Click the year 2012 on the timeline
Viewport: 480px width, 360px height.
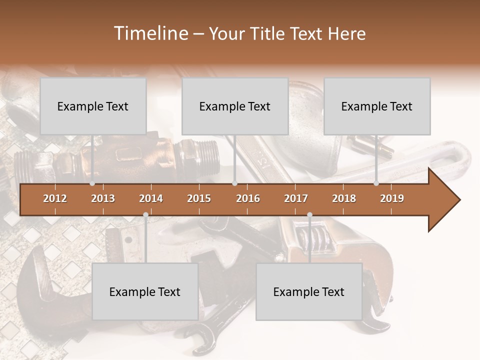(55, 198)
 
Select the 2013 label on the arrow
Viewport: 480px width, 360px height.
(103, 198)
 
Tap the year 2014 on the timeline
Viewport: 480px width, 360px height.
(151, 198)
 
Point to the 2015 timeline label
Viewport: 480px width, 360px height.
(199, 198)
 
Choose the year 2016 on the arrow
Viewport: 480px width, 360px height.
(248, 198)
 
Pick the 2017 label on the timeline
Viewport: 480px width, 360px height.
(296, 198)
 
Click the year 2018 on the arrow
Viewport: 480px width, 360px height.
(344, 198)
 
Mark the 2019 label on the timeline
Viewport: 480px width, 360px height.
(392, 198)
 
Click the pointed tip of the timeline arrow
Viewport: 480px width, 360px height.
(458, 200)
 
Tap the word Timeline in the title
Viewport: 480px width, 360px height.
(149, 33)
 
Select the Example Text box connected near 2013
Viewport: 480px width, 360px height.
(93, 106)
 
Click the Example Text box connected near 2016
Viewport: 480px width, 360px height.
(235, 106)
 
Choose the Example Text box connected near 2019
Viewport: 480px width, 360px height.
(377, 106)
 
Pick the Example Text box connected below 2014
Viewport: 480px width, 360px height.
(145, 291)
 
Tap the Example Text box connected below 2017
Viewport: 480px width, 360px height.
(309, 291)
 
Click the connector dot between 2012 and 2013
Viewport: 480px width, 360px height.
(92, 183)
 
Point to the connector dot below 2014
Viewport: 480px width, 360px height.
(145, 215)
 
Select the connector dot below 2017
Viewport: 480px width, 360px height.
(309, 215)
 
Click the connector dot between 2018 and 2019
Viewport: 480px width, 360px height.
(376, 183)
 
